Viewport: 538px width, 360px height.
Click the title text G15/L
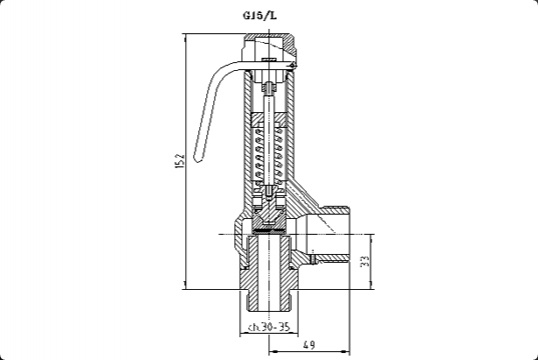(x=260, y=16)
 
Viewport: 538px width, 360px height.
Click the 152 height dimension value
(x=180, y=161)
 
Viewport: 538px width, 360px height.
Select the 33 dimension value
(x=366, y=262)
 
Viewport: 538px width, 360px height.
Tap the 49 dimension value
(x=309, y=344)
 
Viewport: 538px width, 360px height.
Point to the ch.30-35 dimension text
(x=270, y=327)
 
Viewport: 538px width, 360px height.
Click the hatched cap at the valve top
(x=270, y=44)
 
